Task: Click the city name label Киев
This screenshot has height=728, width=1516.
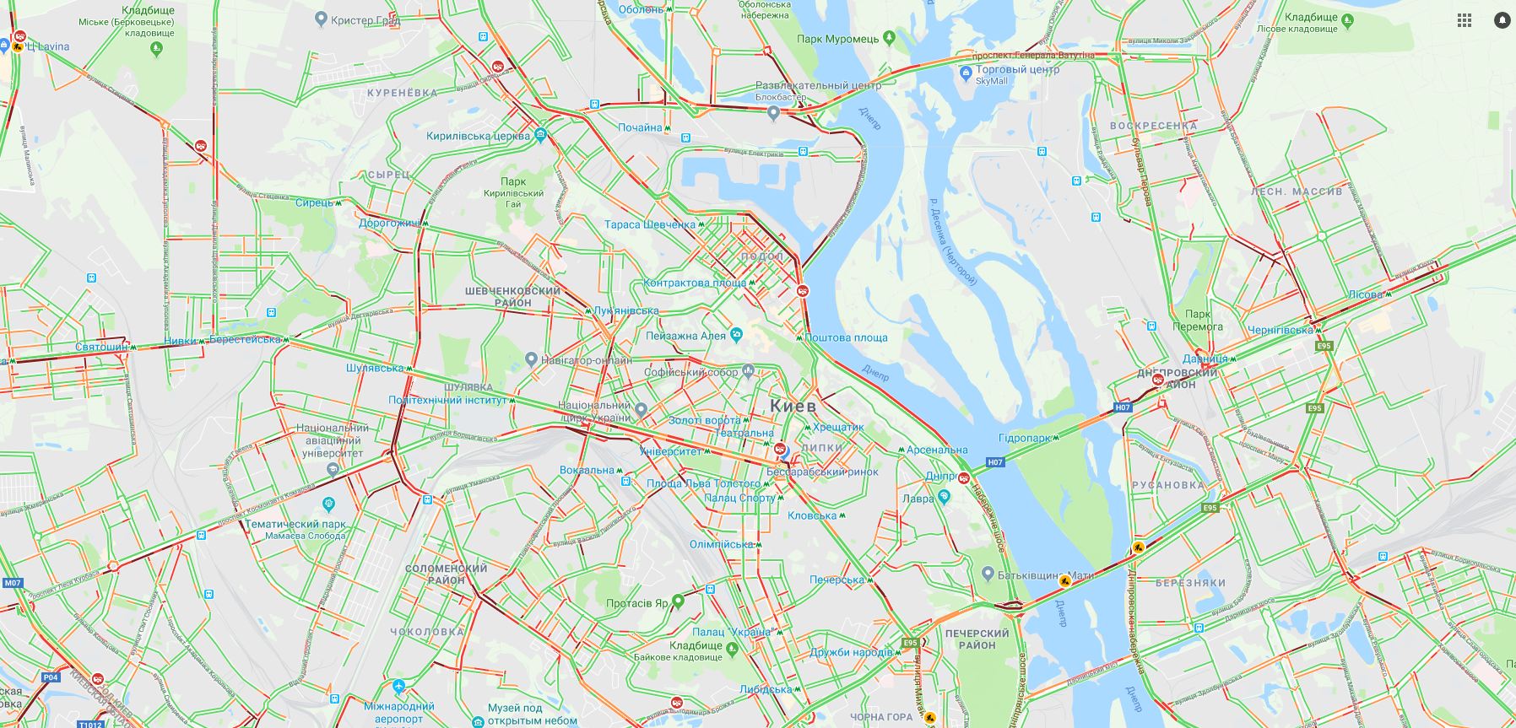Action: (793, 406)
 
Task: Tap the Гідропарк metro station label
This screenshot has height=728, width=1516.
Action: (1024, 439)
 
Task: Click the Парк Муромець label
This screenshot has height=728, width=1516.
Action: (838, 39)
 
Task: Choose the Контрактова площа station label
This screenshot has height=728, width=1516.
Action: (695, 283)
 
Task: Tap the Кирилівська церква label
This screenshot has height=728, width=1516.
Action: (478, 136)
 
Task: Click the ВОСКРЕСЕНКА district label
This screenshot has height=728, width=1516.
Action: (1153, 126)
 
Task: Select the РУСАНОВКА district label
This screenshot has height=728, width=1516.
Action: (1168, 485)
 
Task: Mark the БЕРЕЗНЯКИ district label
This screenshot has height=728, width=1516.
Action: (1190, 583)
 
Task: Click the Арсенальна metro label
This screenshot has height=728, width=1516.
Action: (937, 450)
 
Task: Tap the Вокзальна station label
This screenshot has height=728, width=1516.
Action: (587, 470)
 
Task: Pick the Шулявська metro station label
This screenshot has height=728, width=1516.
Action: (375, 368)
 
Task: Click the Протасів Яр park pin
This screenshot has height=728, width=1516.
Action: (678, 601)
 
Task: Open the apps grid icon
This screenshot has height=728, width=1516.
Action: (1465, 20)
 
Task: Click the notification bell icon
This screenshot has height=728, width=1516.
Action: (1502, 20)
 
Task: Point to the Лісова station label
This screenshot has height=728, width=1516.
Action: (1365, 294)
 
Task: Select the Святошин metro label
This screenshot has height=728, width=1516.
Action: (101, 347)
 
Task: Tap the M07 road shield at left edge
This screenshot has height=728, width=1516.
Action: (12, 583)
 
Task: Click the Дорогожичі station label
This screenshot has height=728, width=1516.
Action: (389, 224)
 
